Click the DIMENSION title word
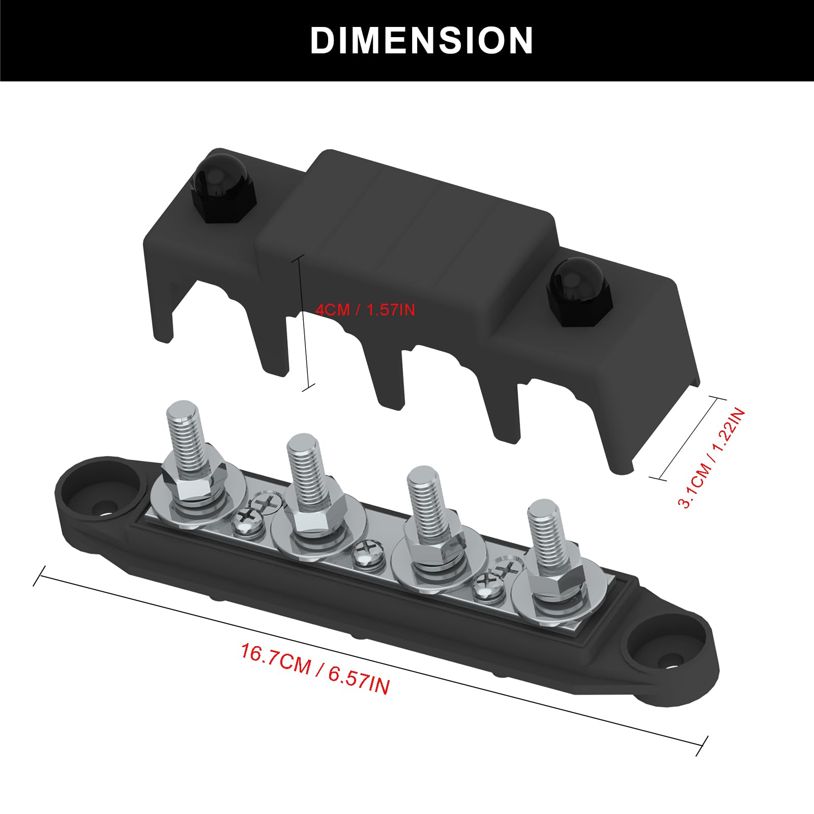click(421, 41)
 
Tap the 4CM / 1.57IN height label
click(365, 309)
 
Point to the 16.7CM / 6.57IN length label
click(315, 669)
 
